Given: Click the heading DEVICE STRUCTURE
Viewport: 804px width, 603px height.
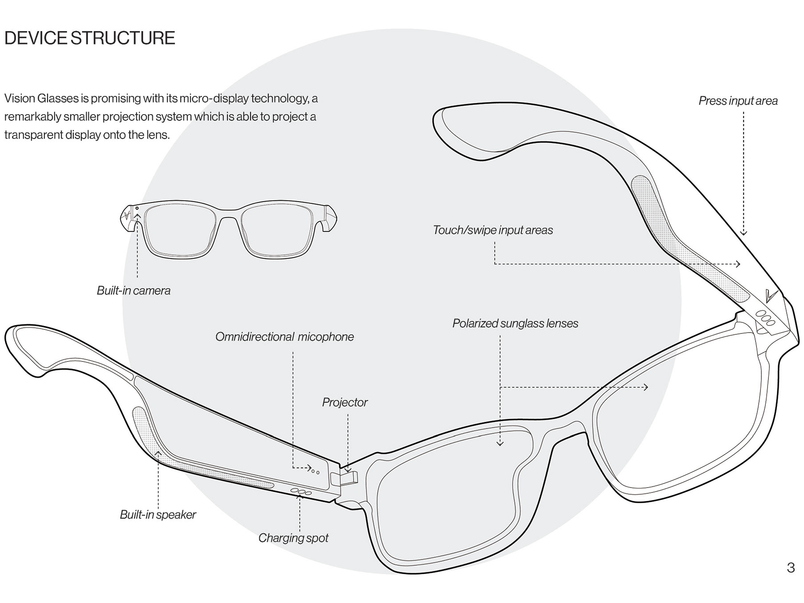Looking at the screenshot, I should pos(90,38).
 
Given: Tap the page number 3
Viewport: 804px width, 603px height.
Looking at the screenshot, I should pos(790,568).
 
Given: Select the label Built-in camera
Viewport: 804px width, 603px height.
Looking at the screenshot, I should pos(134,291).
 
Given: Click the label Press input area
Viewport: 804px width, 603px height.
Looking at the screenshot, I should pos(738,101).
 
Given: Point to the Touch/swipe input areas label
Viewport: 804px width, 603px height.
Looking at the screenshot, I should pos(493,230).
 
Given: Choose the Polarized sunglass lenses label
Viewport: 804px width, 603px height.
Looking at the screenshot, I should pos(515,324).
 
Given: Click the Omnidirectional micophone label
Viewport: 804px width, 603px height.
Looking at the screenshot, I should pos(284,337).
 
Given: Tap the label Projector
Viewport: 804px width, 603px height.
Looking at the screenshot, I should pos(345,403).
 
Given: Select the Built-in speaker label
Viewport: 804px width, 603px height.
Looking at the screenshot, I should pos(158,515).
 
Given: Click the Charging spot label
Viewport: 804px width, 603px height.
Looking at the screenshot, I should pos(293,538).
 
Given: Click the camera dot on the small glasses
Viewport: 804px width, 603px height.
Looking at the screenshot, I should pos(137,208).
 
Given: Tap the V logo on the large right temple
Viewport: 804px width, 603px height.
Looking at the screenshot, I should pos(770,296).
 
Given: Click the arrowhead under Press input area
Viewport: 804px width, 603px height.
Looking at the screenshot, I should pos(744,233).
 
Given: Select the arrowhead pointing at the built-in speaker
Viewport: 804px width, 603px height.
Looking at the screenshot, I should pos(158,453).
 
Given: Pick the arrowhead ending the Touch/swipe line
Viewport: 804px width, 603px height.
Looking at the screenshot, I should pos(738,264).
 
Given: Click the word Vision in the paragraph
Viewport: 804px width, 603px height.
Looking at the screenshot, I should pos(19,98).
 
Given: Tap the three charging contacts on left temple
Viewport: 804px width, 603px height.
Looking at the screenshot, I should pos(301,492).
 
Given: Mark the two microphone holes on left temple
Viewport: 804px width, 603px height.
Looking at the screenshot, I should pos(315,472).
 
